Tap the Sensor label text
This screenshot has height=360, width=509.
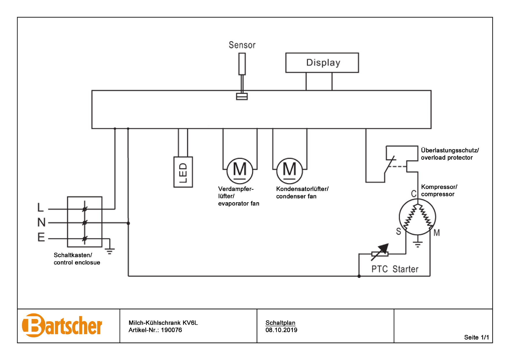(x=242, y=45)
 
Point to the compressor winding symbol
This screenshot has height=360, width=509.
(x=418, y=217)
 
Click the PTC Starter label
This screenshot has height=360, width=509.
(x=395, y=269)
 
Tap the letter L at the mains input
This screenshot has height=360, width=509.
(x=40, y=207)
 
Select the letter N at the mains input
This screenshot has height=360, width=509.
(x=41, y=222)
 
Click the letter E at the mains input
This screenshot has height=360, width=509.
(x=41, y=237)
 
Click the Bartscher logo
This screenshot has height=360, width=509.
(x=62, y=325)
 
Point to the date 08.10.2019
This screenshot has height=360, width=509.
(x=281, y=330)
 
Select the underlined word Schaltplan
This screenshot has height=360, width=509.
(x=280, y=323)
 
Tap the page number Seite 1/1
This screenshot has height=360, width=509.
(x=476, y=337)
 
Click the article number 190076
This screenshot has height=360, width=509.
(x=172, y=330)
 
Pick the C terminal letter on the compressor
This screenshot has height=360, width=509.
(x=414, y=194)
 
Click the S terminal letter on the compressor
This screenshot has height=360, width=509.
(x=399, y=231)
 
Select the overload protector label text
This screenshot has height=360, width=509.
(x=450, y=154)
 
